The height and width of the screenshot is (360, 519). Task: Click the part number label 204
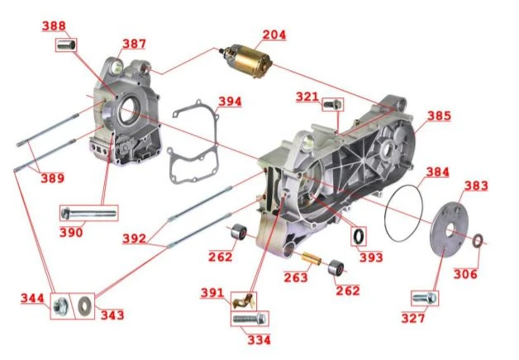(274, 35)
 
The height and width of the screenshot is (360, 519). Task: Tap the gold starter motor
(246, 60)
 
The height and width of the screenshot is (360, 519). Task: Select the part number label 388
(54, 26)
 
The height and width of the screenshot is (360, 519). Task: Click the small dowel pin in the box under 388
(66, 45)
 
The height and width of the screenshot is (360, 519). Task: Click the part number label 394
(230, 102)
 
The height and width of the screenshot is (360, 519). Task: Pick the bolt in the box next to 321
(332, 104)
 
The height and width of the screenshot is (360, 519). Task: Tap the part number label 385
(439, 116)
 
